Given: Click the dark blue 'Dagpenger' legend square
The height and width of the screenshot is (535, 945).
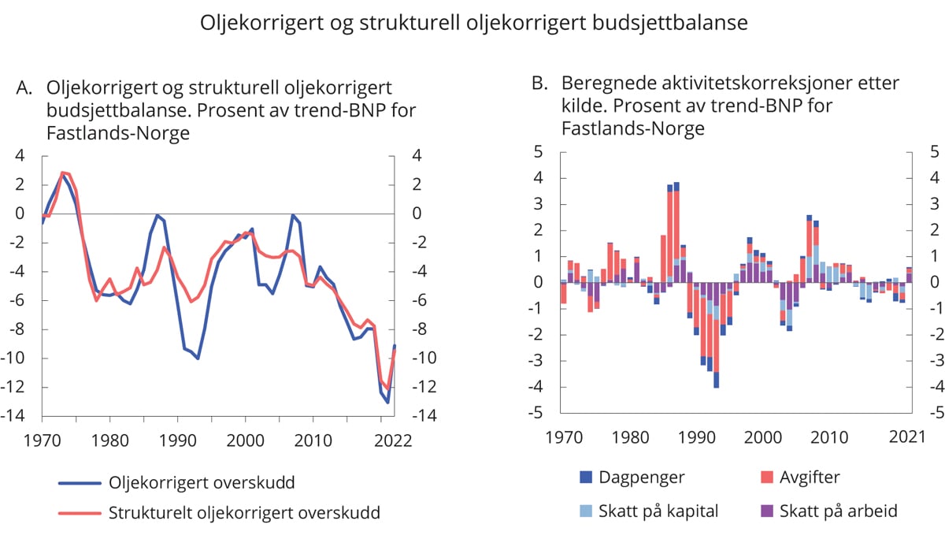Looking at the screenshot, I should coord(586,476).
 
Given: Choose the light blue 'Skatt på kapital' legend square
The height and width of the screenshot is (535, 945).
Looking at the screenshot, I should coord(586,511).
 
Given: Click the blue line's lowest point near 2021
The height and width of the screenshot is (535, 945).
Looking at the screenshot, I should coord(387,403).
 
